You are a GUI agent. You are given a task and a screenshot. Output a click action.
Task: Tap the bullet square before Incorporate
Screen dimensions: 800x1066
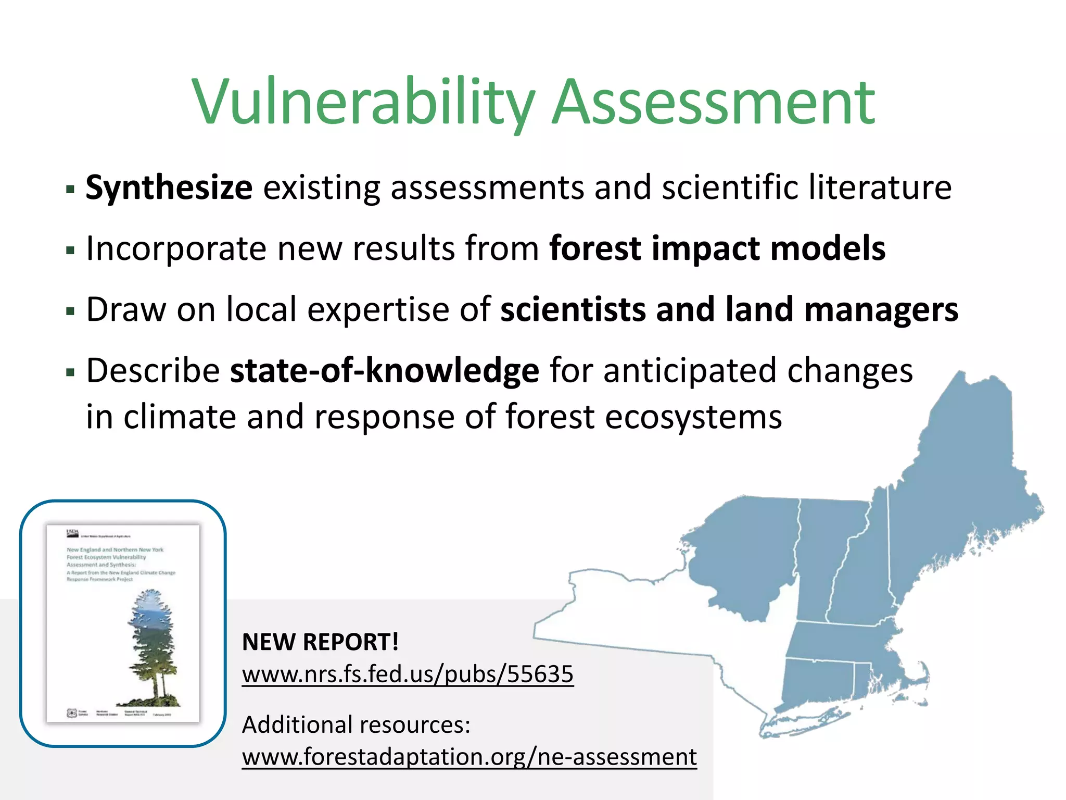click(x=70, y=251)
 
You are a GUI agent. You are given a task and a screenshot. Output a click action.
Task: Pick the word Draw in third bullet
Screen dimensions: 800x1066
click(x=125, y=309)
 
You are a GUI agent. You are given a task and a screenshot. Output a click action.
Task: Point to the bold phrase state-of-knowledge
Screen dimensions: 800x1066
click(x=384, y=371)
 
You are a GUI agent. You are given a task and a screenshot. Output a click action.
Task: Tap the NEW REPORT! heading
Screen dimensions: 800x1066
click(x=320, y=642)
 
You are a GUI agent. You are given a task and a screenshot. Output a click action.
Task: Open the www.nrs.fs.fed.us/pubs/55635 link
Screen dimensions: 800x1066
click(x=408, y=674)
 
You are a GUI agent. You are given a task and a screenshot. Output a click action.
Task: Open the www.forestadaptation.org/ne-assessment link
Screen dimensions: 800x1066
click(x=469, y=757)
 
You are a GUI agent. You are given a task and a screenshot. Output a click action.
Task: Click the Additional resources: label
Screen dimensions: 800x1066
click(x=356, y=724)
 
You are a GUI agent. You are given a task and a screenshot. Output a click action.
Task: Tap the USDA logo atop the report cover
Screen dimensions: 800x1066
click(x=72, y=533)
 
